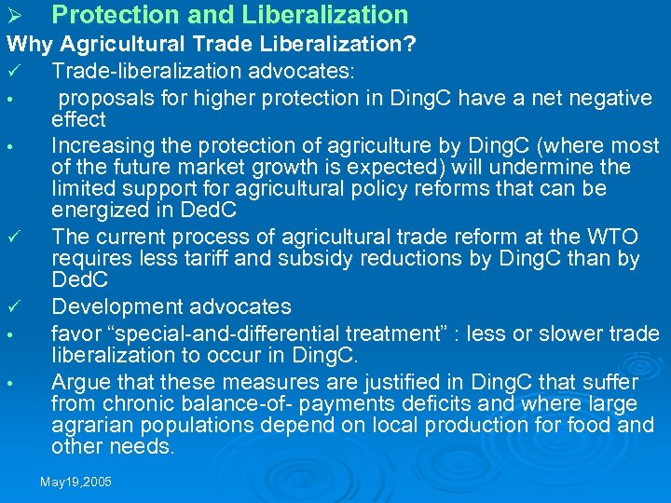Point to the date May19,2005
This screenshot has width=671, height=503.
pos(76,482)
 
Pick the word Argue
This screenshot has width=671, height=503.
pos(77,381)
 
